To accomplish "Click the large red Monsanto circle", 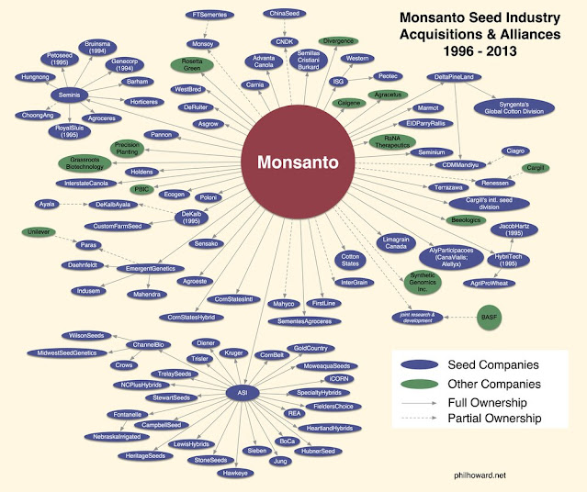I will tap(297, 162).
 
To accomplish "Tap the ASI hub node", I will tap(243, 393).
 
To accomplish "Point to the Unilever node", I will tap(37, 231).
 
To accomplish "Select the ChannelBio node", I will tap(147, 344).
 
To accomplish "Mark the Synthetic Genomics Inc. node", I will tap(424, 284).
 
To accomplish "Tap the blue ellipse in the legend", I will tap(421, 364).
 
